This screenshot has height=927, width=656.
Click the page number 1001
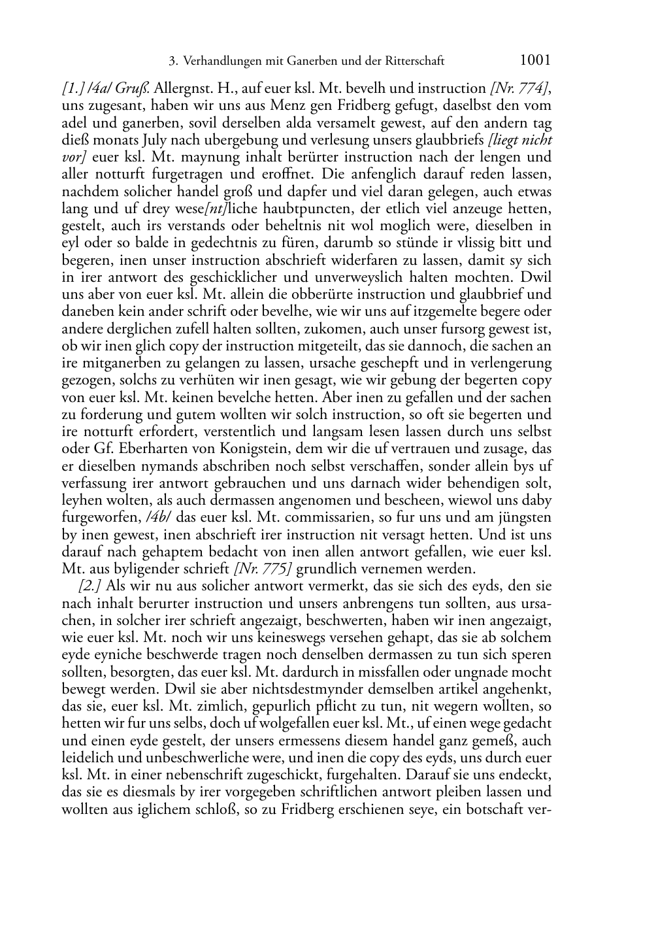click(536, 61)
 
